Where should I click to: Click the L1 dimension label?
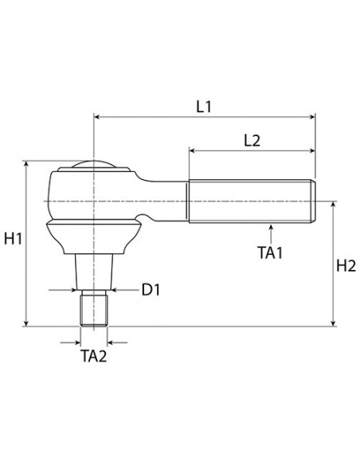click(204, 105)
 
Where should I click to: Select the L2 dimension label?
click(252, 139)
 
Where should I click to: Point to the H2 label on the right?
click(346, 266)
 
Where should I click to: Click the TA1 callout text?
click(271, 252)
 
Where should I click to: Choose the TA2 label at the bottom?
click(93, 355)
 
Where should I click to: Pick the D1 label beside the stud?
click(151, 290)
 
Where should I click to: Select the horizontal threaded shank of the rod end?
click(251, 202)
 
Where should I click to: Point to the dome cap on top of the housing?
click(95, 166)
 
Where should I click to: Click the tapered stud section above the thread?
click(94, 271)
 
